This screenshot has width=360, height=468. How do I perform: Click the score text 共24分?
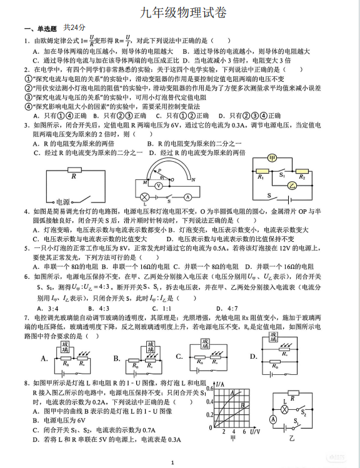click(x=74, y=28)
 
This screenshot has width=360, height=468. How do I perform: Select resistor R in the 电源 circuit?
click(x=74, y=170)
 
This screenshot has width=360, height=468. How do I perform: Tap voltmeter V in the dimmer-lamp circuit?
click(x=159, y=186)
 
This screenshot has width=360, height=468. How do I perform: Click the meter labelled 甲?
click(x=272, y=159)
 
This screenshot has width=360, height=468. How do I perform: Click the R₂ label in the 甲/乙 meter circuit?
click(x=302, y=177)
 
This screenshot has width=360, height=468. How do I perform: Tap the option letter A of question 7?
click(x=44, y=359)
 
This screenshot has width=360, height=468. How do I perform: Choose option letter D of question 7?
click(x=253, y=357)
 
